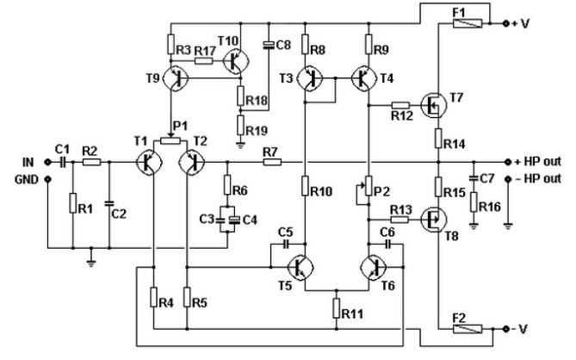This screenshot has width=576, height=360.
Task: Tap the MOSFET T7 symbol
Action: coord(435,106)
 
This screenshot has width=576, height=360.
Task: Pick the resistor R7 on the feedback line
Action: coord(271,162)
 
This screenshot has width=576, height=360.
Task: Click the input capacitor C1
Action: coord(61,162)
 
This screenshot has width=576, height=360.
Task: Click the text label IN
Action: coord(28,162)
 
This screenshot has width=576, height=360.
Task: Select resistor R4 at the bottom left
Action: coord(153,301)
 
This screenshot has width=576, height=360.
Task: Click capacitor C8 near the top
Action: coord(269,42)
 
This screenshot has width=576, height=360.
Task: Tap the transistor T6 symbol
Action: coord(373,268)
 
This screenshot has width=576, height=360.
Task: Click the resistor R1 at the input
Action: coord(73,204)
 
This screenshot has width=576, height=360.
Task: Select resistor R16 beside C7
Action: coord(474,203)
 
